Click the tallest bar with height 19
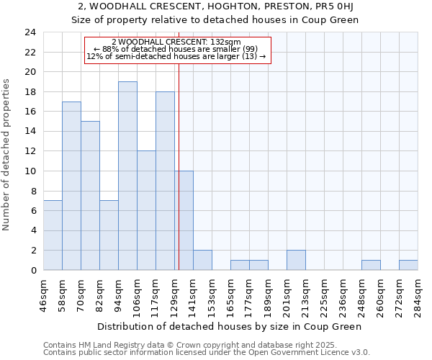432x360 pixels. tap(127, 176)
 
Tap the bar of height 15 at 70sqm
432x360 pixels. tap(90, 196)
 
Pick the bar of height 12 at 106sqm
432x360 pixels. tap(146, 210)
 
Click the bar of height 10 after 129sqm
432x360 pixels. tap(184, 220)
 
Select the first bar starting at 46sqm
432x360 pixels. tap(53, 235)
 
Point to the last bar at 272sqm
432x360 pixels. tap(408, 265)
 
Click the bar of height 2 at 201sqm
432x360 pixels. tap(296, 260)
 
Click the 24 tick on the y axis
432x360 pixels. tap(30, 32)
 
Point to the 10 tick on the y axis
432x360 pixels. tap(30, 171)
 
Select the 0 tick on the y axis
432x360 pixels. tap(33, 271)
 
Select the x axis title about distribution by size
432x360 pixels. tap(230, 326)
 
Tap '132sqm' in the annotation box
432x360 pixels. tap(228, 42)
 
